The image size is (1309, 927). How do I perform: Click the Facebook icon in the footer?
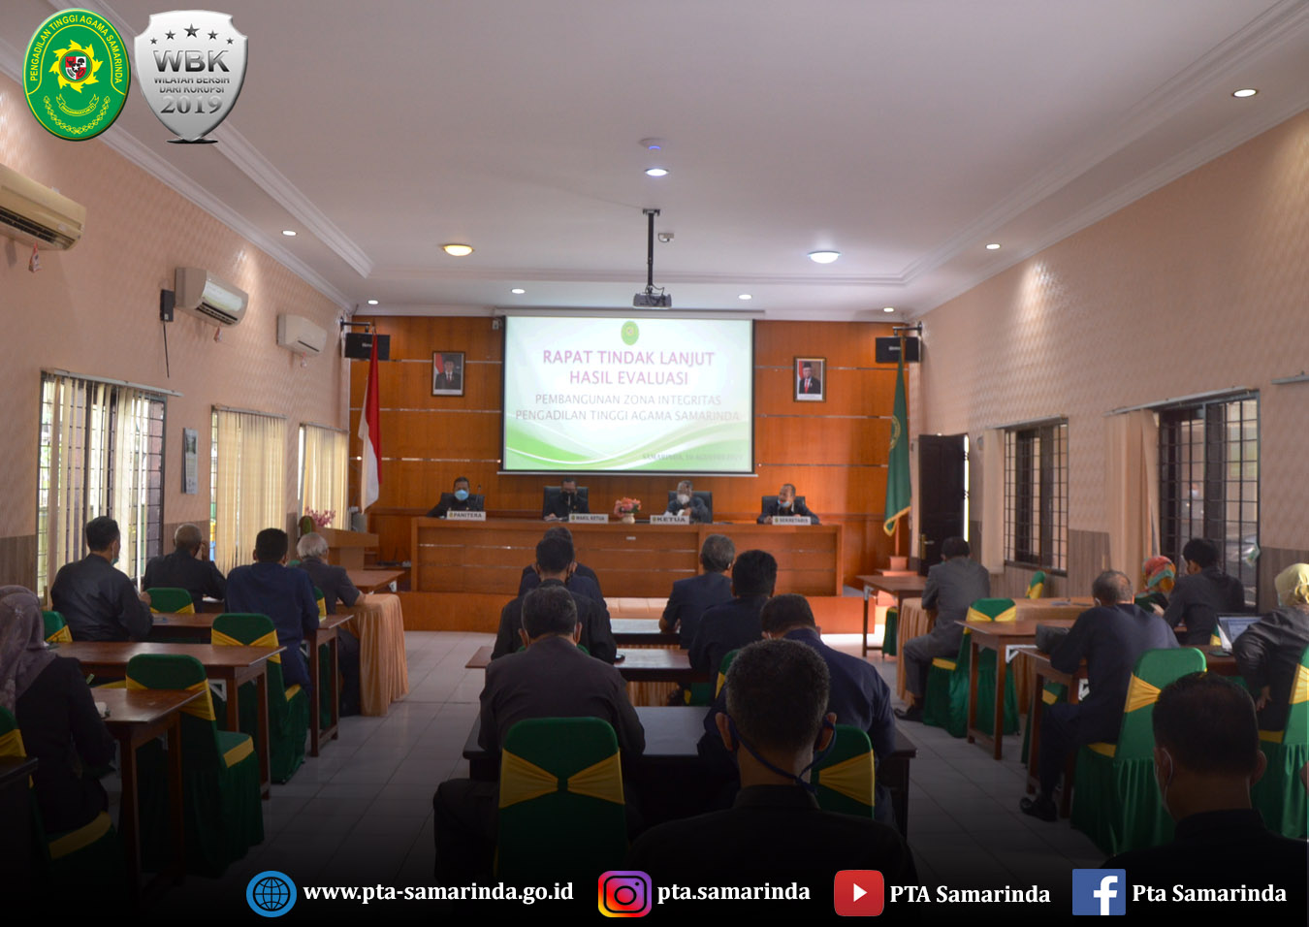click(x=1098, y=892)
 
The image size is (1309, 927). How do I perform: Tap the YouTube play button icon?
click(x=858, y=893)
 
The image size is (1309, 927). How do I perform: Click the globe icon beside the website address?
click(x=271, y=893)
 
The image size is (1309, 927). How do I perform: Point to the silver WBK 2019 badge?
click(x=191, y=76)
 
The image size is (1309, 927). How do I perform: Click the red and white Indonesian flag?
click(x=369, y=427)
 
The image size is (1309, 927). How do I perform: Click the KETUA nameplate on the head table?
click(x=668, y=520)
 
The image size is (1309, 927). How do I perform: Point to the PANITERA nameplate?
click(x=465, y=516)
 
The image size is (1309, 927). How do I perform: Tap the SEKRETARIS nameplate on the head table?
click(x=791, y=521)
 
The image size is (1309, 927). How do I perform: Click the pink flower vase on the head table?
click(x=627, y=507)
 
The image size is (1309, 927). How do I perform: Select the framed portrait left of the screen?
click(x=448, y=373)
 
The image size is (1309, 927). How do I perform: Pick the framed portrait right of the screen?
click(x=809, y=379)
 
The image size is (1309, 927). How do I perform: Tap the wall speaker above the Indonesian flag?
click(x=367, y=345)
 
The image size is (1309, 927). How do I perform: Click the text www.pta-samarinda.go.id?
click(x=437, y=892)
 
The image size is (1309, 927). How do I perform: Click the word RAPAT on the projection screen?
click(x=567, y=357)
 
